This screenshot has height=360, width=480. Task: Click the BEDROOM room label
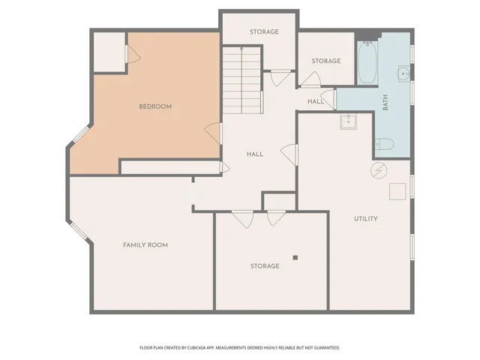coord(155,106)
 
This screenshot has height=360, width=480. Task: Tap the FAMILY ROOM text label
coord(145,245)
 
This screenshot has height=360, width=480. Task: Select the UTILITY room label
coord(366,219)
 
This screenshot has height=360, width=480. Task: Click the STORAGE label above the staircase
coord(264,32)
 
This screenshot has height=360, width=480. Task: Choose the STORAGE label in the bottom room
coord(265,266)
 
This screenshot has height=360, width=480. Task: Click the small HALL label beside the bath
coord(315,101)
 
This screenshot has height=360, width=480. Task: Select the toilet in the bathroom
coord(385,144)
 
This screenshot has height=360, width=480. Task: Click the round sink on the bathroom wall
coord(403,73)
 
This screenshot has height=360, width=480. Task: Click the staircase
coord(241,79)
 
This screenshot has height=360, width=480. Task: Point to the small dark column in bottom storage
coord(295,257)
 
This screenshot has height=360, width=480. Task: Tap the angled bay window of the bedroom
coord(79,133)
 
